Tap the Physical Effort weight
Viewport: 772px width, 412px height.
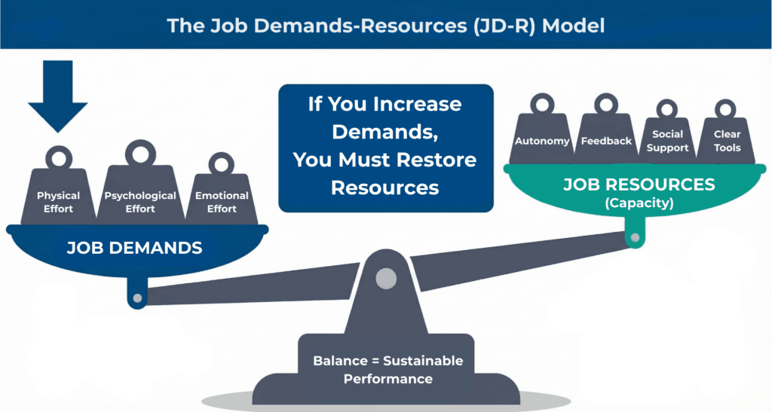click(x=58, y=197)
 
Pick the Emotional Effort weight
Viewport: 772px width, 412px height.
click(x=222, y=197)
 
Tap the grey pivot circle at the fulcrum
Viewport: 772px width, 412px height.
click(x=386, y=278)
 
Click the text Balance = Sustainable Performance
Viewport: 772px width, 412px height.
click(x=388, y=370)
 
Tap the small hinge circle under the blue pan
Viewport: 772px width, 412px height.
click(x=137, y=298)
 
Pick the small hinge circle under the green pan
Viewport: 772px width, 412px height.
click(x=635, y=239)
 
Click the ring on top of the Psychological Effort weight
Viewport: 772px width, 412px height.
click(x=140, y=154)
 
